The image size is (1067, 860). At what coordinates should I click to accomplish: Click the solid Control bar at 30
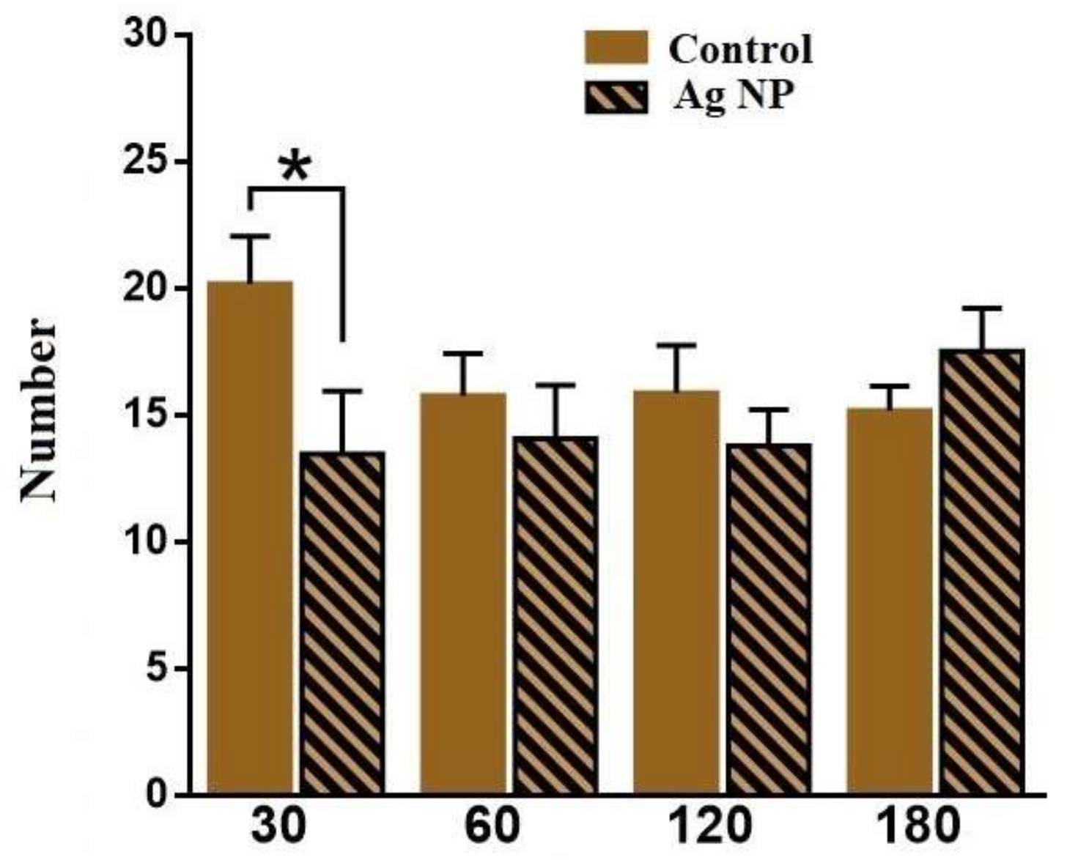[x=250, y=538]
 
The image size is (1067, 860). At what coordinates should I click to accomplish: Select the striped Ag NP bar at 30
[x=343, y=623]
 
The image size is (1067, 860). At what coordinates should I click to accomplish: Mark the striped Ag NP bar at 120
[x=769, y=619]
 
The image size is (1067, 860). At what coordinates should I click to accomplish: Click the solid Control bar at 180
[x=889, y=601]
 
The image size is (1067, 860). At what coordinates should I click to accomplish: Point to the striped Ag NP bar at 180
[x=982, y=571]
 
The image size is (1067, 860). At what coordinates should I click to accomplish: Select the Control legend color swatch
[x=616, y=48]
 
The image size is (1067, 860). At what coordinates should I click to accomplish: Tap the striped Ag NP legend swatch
[x=616, y=98]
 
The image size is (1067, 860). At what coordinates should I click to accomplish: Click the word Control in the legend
[x=740, y=50]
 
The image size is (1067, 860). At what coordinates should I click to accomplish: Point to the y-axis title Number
[x=40, y=410]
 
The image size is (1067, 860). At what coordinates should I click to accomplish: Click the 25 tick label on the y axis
[x=144, y=161]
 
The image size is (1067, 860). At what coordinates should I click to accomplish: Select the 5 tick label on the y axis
[x=155, y=669]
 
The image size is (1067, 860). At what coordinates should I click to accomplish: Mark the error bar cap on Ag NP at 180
[x=982, y=308]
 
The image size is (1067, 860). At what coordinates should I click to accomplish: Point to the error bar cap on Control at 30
[x=250, y=236]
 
